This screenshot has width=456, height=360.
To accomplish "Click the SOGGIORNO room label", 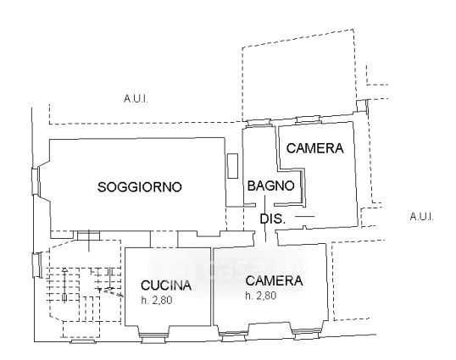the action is point(140,186).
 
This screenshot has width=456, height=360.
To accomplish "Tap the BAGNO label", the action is point(270,186).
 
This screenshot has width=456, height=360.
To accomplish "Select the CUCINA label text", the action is point(166,285).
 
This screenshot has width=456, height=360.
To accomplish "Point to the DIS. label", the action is point(272,219).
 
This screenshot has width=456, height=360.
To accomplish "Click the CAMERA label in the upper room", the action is point(315,148).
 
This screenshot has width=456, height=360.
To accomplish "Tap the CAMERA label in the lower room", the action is point(274,280).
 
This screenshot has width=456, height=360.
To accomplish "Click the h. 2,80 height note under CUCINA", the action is point(157,300).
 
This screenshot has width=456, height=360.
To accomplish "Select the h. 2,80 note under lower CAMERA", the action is point(260,296).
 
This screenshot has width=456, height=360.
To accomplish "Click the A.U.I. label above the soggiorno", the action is point(136,99).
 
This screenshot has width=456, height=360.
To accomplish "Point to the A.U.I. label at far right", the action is point(421,217).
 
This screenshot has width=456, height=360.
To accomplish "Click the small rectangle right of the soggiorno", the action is point(232,166).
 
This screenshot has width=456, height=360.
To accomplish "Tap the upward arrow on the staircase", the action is point(64,285).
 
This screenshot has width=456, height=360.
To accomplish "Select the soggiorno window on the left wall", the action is point(36,181).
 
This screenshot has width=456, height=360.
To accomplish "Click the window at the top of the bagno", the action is point(259,122).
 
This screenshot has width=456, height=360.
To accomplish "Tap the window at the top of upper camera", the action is point(308,119).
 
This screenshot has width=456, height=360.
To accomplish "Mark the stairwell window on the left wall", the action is point(37,264).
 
